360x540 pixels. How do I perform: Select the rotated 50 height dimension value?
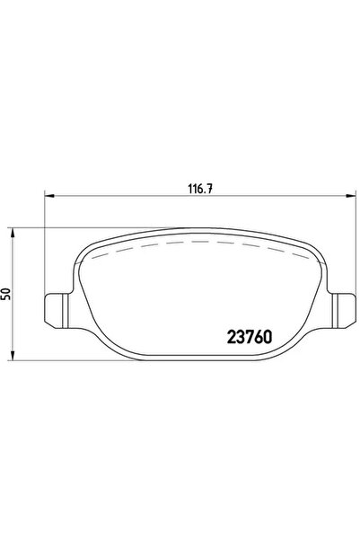(6, 294)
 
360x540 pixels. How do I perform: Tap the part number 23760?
(250, 338)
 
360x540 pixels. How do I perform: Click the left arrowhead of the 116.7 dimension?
(49, 196)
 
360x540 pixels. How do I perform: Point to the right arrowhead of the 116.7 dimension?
(351, 196)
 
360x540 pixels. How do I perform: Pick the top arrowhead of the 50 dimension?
(13, 233)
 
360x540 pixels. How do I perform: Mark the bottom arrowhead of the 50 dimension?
(13, 356)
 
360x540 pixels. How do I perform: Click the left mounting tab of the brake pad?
(57, 310)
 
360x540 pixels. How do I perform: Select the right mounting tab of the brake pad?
(344, 310)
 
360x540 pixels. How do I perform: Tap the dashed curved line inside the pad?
(200, 242)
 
